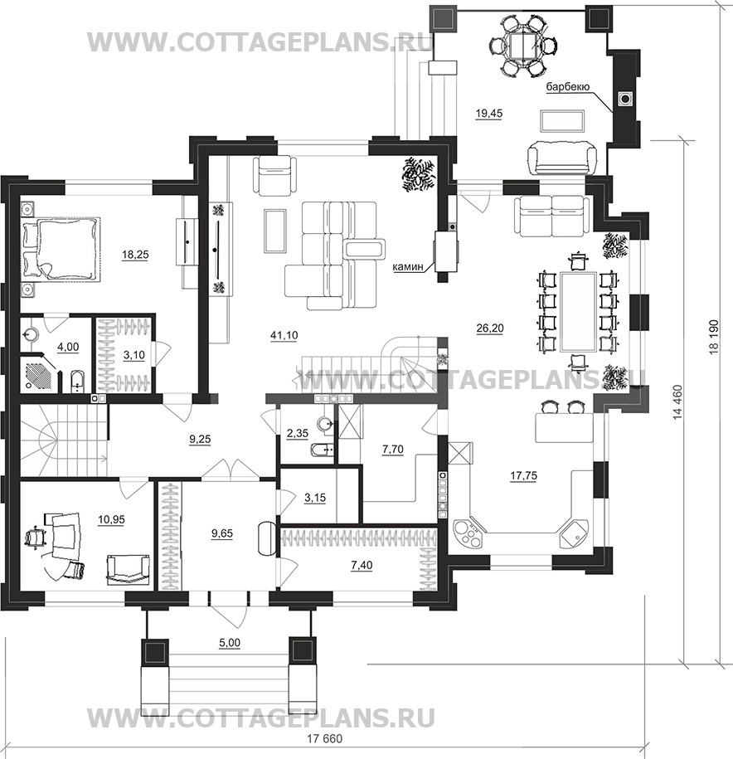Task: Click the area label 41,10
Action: point(285,335)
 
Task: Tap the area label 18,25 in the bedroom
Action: point(135,255)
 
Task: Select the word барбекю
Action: point(567,87)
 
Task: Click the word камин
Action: point(408,266)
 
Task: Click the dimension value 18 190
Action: point(715,338)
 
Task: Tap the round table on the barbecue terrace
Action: point(521,46)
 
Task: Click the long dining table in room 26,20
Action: point(578,311)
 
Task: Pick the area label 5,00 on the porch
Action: point(230,643)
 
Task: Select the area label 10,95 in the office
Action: point(111,520)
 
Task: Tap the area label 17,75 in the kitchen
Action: point(523,476)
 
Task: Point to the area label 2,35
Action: point(298,434)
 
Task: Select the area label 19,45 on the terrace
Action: point(489,114)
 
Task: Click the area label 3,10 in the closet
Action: point(134,355)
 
